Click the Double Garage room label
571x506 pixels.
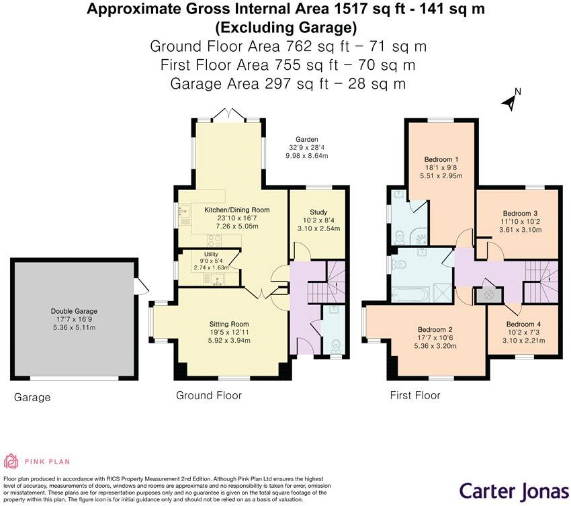coord(74,311)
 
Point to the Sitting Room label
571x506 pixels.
coord(230,323)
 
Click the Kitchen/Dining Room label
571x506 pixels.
coord(232,210)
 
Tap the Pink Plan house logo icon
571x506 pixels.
coord(11,461)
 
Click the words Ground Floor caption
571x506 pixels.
coord(209,395)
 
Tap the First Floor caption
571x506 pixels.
coord(415,395)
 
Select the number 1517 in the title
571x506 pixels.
coord(339,9)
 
